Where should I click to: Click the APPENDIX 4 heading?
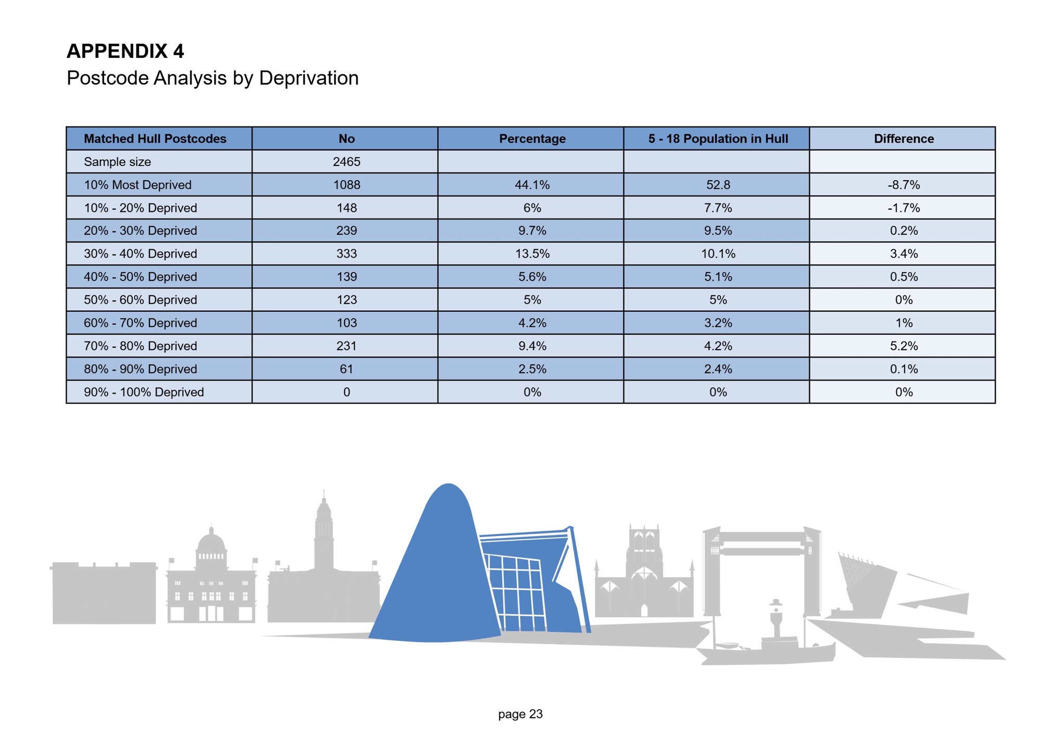click(x=125, y=51)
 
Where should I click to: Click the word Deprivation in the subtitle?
click(x=309, y=78)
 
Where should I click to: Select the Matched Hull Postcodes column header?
click(x=155, y=138)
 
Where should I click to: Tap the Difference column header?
click(x=904, y=138)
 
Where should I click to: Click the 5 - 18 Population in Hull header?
click(x=718, y=138)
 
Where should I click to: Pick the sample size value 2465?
click(x=347, y=162)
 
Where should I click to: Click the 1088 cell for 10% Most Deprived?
click(x=347, y=185)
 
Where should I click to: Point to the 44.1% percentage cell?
click(x=532, y=185)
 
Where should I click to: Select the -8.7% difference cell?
click(x=904, y=185)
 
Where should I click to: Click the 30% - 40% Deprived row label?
click(x=141, y=253)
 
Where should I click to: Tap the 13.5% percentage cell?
click(x=532, y=253)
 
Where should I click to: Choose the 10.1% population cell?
click(x=718, y=253)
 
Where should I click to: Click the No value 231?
click(x=347, y=346)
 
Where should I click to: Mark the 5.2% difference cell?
click(x=904, y=346)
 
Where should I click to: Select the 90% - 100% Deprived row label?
click(x=144, y=392)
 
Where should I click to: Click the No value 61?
click(x=347, y=369)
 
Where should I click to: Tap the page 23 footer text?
click(x=520, y=714)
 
